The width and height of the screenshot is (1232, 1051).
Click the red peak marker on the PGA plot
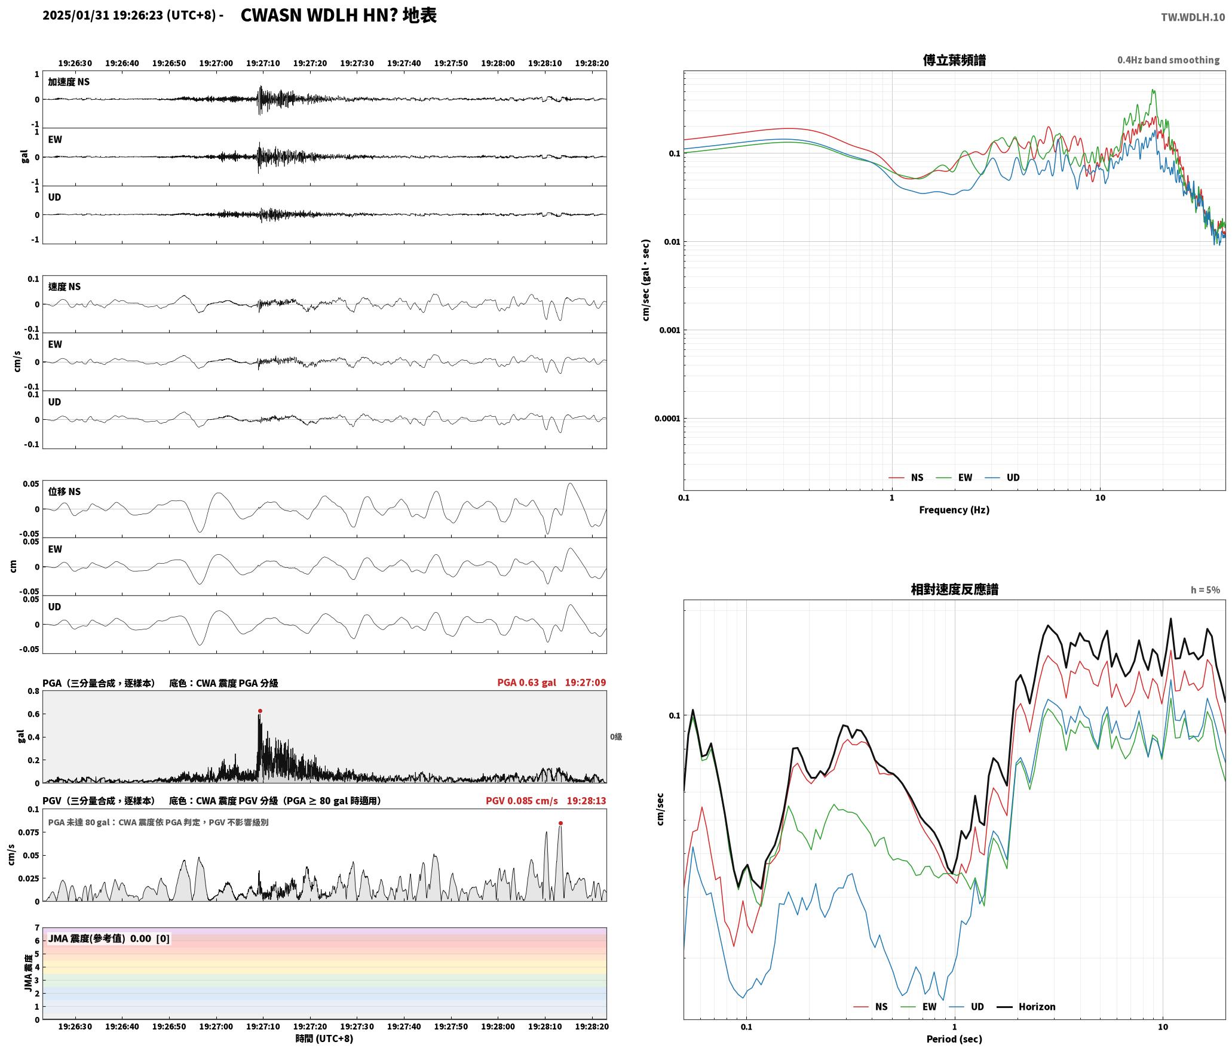click(x=260, y=711)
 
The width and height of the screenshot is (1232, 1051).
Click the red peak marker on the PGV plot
click(x=560, y=823)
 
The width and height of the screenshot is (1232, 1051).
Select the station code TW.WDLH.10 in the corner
click(x=1193, y=17)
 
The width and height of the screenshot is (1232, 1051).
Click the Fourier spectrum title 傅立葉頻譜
click(x=954, y=60)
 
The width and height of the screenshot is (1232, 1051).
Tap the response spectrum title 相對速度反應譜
click(x=954, y=589)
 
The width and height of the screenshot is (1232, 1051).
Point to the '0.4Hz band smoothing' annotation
click(x=1168, y=60)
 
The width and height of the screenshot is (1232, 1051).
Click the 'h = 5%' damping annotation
click(x=1205, y=590)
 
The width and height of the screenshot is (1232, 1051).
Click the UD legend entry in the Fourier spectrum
click(x=1003, y=478)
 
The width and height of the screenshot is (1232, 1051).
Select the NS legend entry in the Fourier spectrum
click(x=906, y=478)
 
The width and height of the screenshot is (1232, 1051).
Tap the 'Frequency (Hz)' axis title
click(x=954, y=510)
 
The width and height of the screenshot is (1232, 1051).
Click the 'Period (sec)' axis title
click(x=954, y=1039)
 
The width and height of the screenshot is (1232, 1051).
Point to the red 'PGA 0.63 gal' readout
click(x=526, y=683)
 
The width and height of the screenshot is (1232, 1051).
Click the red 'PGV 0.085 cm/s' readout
click(x=522, y=801)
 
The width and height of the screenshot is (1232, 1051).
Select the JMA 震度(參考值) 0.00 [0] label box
click(x=109, y=939)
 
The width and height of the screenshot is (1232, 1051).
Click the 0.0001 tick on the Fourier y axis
click(x=667, y=419)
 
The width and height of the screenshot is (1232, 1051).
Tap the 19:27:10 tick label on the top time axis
click(x=263, y=63)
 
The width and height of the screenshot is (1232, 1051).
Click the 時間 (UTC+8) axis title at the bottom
click(x=324, y=1039)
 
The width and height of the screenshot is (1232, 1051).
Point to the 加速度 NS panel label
click(x=69, y=82)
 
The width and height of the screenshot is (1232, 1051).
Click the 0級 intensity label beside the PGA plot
click(x=616, y=737)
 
